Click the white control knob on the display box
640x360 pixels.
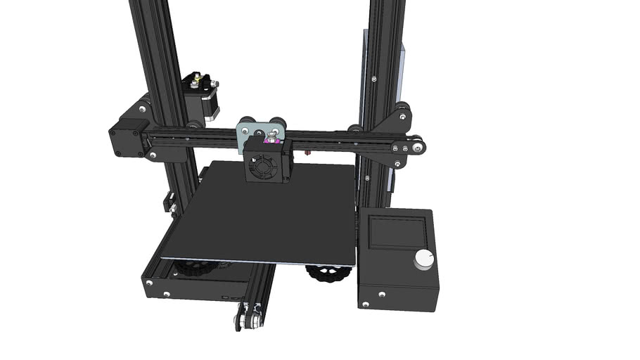tap(424, 259)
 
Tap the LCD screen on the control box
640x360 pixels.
tap(397, 231)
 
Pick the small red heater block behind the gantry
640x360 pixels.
tap(307, 150)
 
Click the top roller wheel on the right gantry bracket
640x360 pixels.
tap(402, 109)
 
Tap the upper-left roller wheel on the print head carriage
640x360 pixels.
tap(247, 120)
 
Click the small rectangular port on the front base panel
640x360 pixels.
tap(224, 297)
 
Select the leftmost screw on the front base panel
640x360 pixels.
tap(149, 283)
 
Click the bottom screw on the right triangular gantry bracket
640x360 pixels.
tap(399, 164)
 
